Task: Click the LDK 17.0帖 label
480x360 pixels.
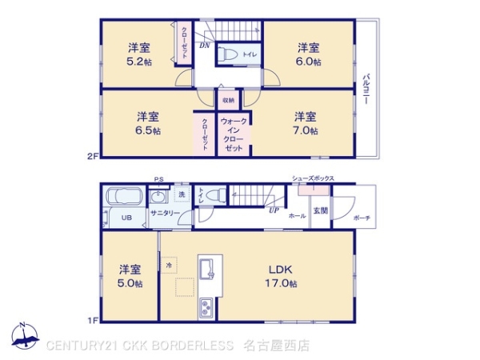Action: click(282, 275)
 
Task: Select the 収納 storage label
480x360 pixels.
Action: click(229, 101)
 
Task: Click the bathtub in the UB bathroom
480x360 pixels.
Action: click(123, 197)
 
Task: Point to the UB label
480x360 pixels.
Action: click(126, 217)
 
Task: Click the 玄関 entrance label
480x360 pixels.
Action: click(320, 210)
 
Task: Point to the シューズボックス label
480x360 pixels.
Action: click(313, 178)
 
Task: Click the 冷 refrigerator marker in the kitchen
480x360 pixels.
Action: click(169, 264)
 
